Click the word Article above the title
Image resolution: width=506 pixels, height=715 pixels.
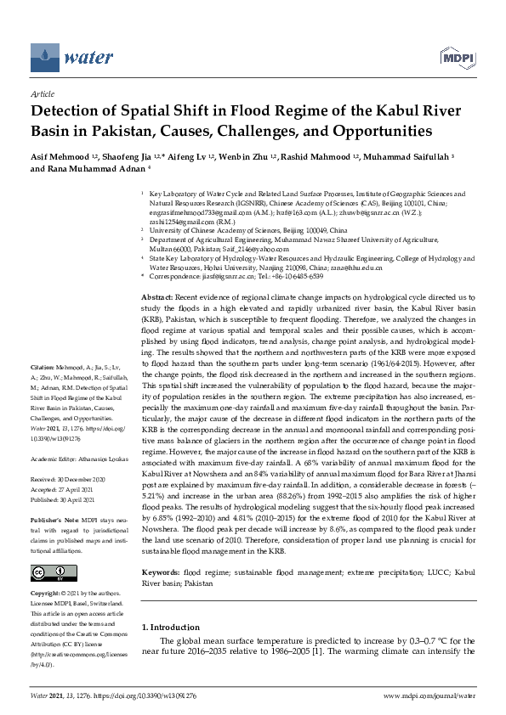click(x=42, y=94)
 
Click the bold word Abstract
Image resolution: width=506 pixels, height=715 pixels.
click(x=158, y=291)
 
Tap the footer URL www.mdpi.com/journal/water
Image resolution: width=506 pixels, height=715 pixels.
click(x=429, y=695)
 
